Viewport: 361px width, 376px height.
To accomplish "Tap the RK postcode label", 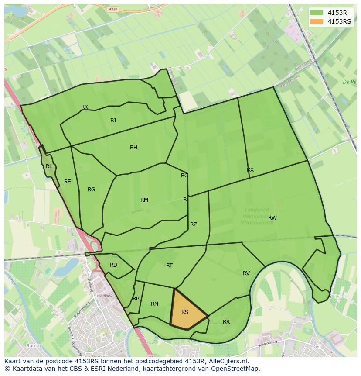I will click(x=85, y=107).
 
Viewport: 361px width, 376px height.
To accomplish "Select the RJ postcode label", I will click(x=113, y=121).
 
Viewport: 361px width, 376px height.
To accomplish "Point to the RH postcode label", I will click(x=133, y=148).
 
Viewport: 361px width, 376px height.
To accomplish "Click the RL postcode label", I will click(x=49, y=166).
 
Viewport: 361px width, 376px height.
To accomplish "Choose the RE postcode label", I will click(x=67, y=182).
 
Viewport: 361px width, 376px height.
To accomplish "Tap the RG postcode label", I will click(x=91, y=190).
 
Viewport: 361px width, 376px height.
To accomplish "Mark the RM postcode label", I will click(x=144, y=200).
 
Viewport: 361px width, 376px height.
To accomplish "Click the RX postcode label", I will click(x=250, y=170).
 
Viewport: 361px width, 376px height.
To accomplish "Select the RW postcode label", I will click(x=272, y=218).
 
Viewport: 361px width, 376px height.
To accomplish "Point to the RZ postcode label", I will click(x=193, y=224).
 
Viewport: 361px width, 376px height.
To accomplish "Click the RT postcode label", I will click(x=169, y=266).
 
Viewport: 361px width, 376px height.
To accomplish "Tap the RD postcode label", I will click(x=113, y=265).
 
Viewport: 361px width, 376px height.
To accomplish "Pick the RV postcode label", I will click(x=246, y=273).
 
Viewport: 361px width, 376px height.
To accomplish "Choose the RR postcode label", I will click(x=226, y=322).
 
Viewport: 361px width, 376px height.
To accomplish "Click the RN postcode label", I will click(x=154, y=304).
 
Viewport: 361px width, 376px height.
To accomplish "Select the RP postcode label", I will click(x=136, y=299).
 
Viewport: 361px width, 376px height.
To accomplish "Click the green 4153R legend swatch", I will click(x=317, y=12).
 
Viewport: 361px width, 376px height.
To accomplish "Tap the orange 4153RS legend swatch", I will click(x=317, y=21).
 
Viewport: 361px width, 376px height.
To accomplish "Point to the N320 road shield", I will click(x=112, y=9).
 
